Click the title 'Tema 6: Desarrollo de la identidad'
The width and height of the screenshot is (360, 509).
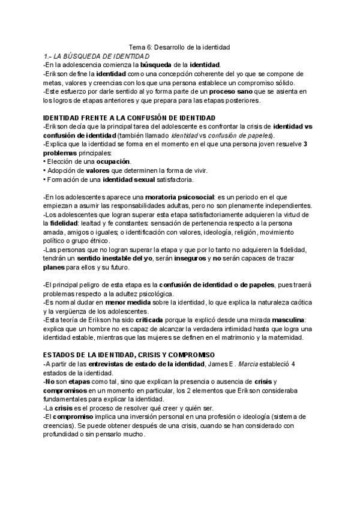point(180,46)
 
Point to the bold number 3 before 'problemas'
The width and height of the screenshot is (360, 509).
point(305,144)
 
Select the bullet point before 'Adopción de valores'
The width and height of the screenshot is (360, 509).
point(45,171)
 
